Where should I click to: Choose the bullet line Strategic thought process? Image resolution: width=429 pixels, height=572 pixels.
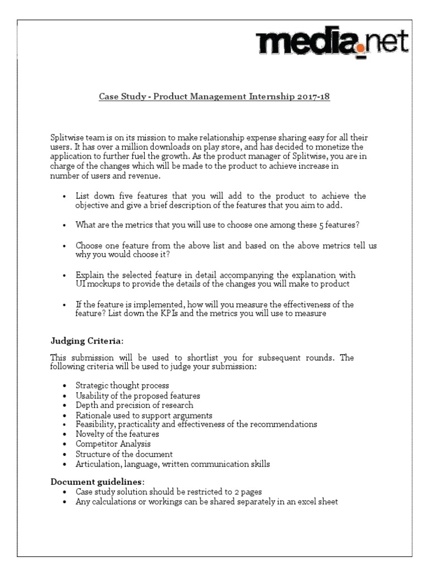coord(122,386)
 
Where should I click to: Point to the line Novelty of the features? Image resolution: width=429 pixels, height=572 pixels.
coord(117,433)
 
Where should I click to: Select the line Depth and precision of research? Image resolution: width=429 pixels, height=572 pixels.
coord(134,405)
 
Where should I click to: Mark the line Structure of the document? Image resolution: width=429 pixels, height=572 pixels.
coord(124,454)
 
